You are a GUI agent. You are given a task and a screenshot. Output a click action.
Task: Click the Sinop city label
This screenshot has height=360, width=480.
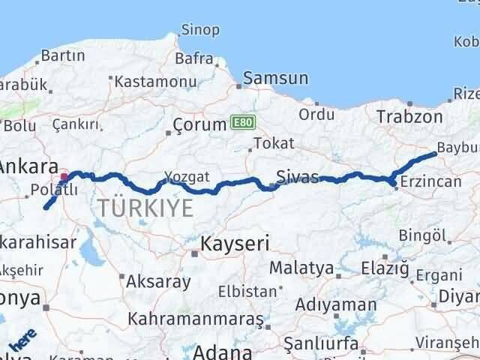pos(200,31)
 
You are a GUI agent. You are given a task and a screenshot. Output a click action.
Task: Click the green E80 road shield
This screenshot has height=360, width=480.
pos(240,121)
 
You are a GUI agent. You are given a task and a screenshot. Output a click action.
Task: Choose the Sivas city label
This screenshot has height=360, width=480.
pos(297,177)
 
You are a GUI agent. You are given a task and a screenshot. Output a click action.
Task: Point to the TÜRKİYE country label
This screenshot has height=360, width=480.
pos(144,208)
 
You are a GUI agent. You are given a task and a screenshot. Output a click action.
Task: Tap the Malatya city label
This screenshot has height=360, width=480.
pos(301,267)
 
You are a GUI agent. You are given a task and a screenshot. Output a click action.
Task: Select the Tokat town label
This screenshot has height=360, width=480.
pos(272,143)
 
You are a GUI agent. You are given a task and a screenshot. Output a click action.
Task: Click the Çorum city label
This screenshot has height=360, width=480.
pos(199,124)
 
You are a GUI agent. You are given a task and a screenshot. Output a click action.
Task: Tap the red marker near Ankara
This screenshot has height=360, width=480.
pos(64,177)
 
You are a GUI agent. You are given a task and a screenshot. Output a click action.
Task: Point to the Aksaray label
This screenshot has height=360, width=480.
pos(158,282)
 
